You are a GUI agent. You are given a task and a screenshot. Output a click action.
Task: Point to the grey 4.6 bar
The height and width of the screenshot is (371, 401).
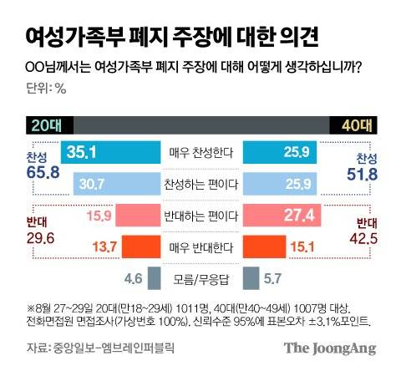tap(155, 277)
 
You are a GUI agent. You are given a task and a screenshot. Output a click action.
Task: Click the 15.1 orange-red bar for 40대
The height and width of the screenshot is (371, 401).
tap(266, 246)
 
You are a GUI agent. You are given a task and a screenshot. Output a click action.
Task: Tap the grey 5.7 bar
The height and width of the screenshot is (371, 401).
tap(248, 277)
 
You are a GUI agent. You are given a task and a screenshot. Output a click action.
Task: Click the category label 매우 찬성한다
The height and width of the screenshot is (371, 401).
tap(200, 153)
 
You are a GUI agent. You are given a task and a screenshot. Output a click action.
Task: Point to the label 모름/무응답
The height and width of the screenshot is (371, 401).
tap(200, 277)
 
